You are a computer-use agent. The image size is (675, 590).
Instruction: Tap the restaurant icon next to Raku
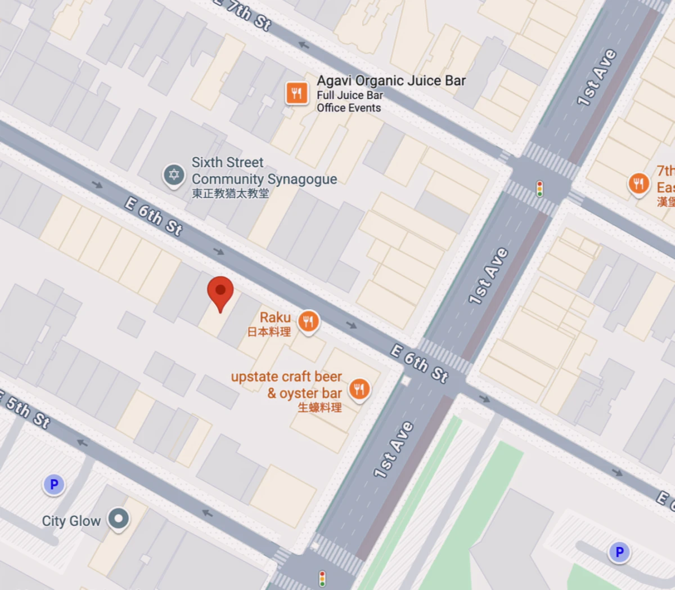(308, 322)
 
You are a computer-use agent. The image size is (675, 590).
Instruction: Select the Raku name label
(275, 318)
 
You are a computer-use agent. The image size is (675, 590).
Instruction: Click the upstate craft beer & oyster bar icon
(359, 388)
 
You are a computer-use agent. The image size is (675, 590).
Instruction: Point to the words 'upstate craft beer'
(286, 377)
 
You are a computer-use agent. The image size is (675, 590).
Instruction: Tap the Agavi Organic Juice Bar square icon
(297, 93)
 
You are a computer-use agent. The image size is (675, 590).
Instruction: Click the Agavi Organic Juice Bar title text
(391, 81)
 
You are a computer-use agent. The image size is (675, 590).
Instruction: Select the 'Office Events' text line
(349, 108)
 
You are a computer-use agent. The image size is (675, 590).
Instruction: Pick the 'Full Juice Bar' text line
(350, 95)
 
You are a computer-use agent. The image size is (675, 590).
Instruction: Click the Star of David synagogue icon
(174, 175)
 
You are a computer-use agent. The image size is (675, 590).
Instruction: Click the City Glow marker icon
(119, 519)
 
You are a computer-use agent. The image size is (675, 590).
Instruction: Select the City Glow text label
(71, 521)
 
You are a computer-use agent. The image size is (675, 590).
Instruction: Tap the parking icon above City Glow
(54, 484)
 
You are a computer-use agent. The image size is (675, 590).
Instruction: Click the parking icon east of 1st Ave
(619, 552)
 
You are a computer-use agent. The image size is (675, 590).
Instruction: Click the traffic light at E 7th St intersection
(539, 189)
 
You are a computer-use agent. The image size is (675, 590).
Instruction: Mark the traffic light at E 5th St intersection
(322, 578)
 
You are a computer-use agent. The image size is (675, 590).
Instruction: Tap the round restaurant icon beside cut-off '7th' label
(638, 184)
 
